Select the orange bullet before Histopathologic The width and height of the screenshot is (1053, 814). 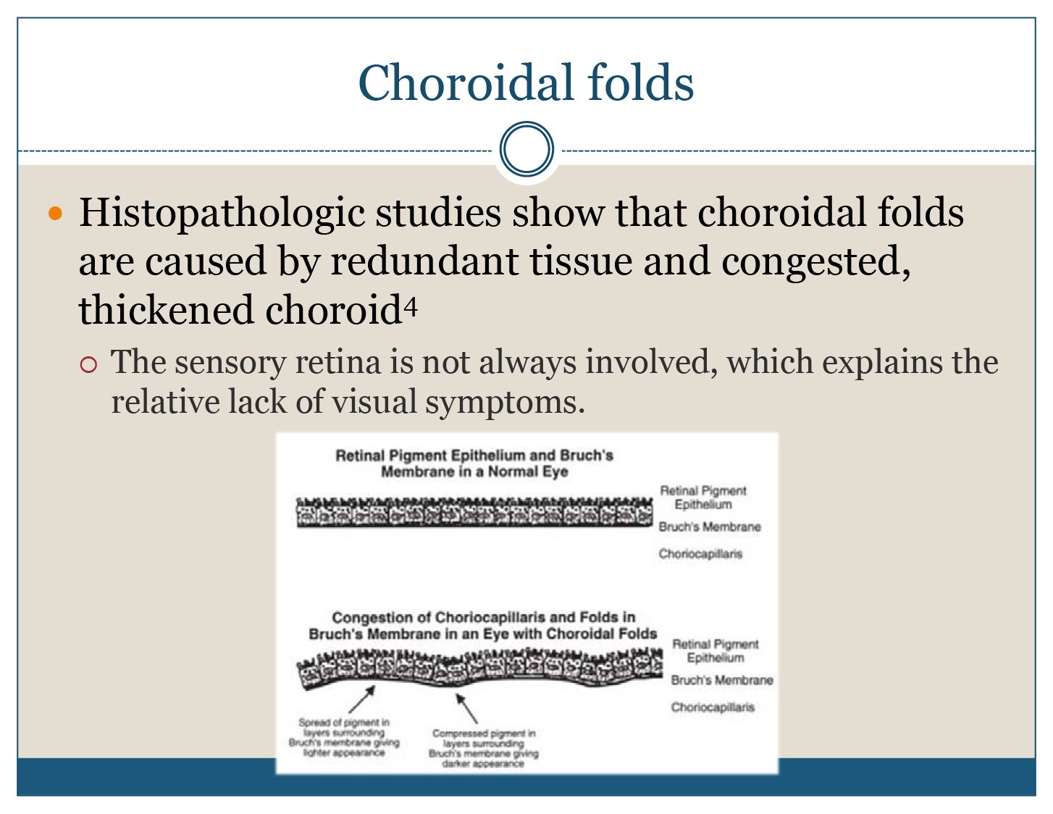point(56,213)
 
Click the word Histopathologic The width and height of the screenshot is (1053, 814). point(222,214)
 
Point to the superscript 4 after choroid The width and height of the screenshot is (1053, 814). point(411,306)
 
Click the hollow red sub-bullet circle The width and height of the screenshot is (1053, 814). point(88,364)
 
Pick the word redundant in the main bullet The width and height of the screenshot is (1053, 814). point(424,261)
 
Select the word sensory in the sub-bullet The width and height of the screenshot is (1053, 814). point(230,364)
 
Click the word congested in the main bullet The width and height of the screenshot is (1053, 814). point(815,262)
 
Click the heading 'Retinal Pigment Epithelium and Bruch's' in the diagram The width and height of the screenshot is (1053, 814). point(474,456)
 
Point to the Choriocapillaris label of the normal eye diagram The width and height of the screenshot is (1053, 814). point(700,554)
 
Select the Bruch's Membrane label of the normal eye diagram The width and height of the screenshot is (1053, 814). point(710,526)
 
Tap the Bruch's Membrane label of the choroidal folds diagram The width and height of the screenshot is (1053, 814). point(722,680)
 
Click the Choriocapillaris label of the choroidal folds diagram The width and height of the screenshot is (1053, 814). point(713,708)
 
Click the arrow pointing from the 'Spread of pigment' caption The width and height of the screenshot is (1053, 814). point(361,699)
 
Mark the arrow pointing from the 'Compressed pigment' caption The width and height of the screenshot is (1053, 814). point(466,708)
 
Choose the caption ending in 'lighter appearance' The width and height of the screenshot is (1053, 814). point(344,737)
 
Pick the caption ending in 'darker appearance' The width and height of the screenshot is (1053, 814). point(484,749)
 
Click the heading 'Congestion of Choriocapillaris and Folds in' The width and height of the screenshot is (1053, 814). point(484,617)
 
